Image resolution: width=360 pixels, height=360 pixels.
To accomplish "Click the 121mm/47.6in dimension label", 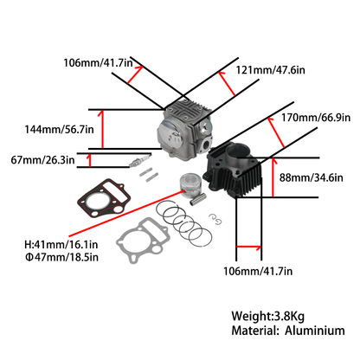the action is click(270, 70).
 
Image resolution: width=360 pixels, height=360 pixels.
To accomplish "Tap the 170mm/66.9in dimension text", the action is click(316, 118).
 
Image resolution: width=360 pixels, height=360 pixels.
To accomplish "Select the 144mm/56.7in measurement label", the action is click(59, 129).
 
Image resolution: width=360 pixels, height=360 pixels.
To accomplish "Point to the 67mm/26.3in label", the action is click(42, 160).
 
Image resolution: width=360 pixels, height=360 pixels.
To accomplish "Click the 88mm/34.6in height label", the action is click(312, 177).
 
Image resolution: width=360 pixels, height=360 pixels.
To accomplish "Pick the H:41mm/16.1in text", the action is click(61, 245).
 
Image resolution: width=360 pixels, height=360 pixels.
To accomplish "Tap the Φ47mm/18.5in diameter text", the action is click(61, 257).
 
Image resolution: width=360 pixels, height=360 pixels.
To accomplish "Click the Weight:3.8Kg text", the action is click(267, 316).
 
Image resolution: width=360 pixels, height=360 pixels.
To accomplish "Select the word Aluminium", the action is click(315, 331).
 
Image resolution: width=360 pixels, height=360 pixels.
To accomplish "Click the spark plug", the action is click(140, 160).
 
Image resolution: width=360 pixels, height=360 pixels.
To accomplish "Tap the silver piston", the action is click(189, 185).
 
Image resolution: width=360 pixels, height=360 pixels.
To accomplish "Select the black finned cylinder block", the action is click(232, 170).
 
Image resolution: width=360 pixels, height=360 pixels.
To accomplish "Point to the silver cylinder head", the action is click(185, 129).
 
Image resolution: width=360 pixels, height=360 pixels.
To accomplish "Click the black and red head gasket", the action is click(104, 197).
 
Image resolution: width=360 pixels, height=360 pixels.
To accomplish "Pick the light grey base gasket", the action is click(143, 240).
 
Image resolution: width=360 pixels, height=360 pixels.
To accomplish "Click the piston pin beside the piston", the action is click(198, 199).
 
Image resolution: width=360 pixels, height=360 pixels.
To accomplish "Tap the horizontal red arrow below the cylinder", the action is click(248, 247).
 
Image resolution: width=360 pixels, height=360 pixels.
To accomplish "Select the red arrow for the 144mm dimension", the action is click(101, 129).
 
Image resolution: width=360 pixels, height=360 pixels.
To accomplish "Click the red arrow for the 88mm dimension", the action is click(273, 177).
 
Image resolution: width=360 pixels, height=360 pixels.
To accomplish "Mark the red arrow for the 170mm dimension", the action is click(276, 132).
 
